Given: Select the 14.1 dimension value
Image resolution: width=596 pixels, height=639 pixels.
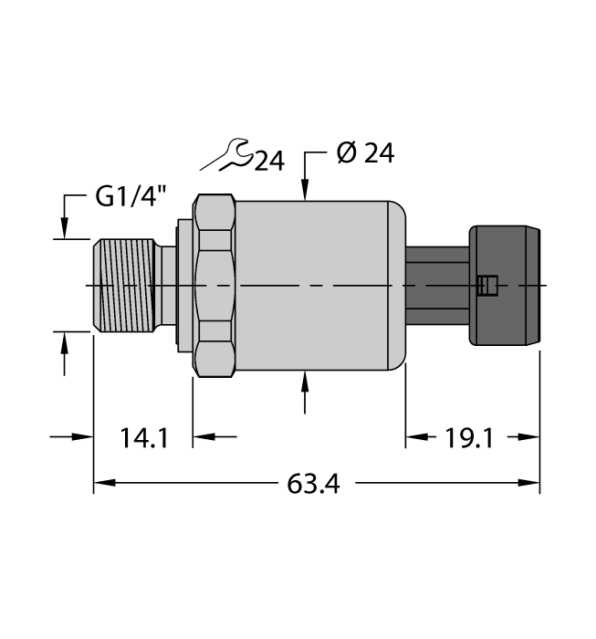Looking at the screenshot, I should click(x=143, y=439).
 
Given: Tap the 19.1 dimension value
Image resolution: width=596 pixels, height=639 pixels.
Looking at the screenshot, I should click(x=470, y=439).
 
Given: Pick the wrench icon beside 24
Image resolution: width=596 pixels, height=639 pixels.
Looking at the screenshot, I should click(x=226, y=156).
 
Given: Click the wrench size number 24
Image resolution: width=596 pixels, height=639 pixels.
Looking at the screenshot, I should click(x=268, y=162).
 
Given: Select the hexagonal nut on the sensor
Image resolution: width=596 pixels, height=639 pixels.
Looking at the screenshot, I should click(x=215, y=286).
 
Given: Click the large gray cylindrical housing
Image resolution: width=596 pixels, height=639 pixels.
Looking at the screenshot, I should click(x=315, y=286).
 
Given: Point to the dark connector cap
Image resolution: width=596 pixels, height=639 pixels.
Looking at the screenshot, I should click(x=507, y=286).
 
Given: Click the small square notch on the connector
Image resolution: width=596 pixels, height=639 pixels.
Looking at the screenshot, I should click(x=487, y=286).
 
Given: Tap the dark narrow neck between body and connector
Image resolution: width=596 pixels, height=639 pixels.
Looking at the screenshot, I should click(x=436, y=286).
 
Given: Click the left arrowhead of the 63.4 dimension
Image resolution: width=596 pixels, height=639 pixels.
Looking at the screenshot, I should click(x=101, y=483).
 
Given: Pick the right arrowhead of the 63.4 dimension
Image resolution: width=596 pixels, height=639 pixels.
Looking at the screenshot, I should click(x=533, y=483).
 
